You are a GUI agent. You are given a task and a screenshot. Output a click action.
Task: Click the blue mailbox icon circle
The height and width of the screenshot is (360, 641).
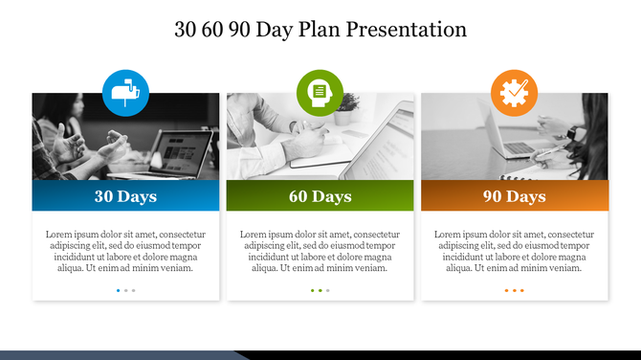(125, 93)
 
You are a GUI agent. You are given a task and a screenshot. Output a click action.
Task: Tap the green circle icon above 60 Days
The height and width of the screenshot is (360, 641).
(320, 93)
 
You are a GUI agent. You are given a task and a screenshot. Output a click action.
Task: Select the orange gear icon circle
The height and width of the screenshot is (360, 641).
(515, 93)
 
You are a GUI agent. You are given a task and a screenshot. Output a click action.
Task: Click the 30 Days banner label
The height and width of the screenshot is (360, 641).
(125, 196)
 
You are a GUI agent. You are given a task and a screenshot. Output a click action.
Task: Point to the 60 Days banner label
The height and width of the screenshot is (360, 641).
(320, 196)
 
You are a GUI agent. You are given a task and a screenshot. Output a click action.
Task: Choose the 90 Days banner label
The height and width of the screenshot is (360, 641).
(515, 196)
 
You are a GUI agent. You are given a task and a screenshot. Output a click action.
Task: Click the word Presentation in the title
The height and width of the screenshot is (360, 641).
(407, 30)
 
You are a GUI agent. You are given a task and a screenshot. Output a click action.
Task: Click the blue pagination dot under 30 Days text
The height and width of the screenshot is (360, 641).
(119, 289)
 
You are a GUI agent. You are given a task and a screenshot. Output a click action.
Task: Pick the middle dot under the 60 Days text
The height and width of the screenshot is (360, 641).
(320, 289)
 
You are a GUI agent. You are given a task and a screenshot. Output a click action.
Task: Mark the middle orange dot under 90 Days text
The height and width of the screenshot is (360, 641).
(515, 289)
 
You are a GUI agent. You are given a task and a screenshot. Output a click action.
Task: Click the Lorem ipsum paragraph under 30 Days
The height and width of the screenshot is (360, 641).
(125, 251)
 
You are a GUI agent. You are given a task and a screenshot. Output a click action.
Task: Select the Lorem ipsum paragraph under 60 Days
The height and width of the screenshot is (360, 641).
(320, 251)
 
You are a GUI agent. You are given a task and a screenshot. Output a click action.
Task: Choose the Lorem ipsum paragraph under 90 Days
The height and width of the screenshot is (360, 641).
(515, 251)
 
